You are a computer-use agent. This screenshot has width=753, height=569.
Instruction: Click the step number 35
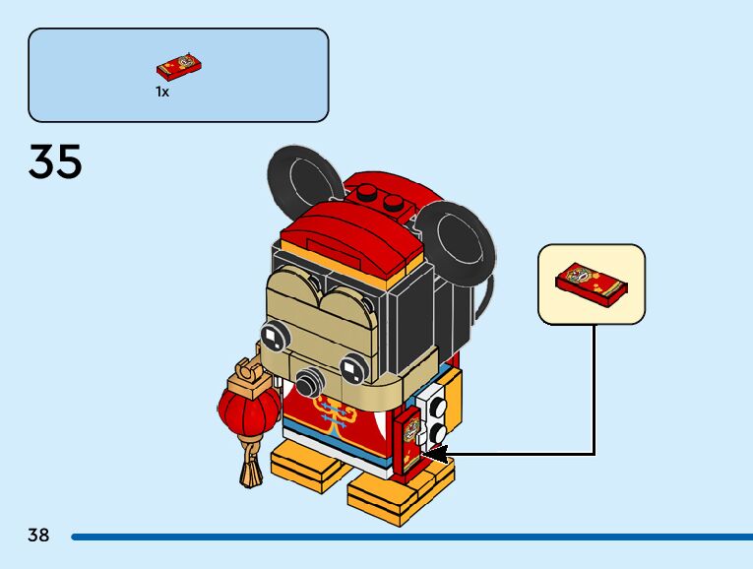click(x=55, y=162)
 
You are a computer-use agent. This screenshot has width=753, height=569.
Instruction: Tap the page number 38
click(x=38, y=536)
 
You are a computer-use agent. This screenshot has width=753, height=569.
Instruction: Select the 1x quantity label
click(x=162, y=92)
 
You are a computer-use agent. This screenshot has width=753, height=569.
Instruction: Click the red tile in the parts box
click(x=179, y=67)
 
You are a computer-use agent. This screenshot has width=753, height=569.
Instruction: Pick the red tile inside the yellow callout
click(x=592, y=283)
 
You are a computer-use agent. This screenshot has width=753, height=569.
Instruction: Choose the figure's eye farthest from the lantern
click(x=352, y=369)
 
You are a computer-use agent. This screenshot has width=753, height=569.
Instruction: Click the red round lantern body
click(x=242, y=409)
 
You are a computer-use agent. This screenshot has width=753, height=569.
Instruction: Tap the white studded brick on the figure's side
click(x=434, y=412)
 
